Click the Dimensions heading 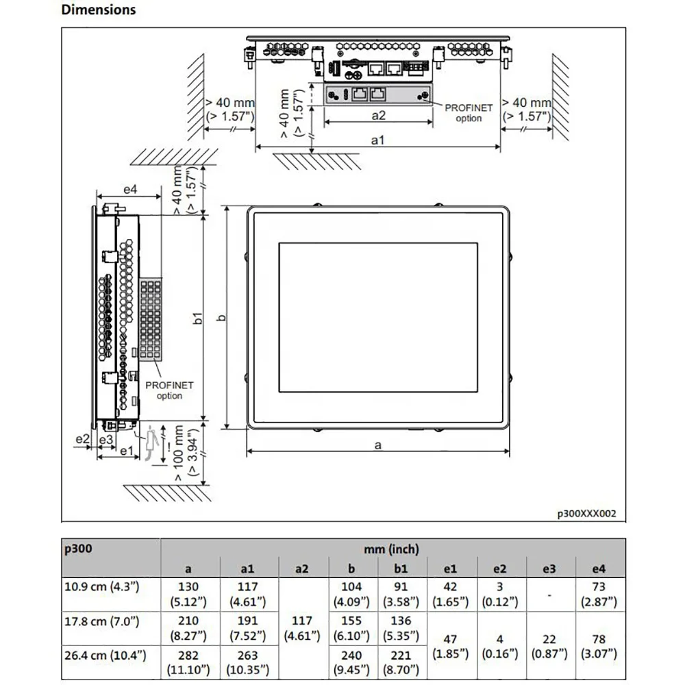coord(99,10)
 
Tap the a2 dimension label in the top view coord(378,116)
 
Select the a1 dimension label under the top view coord(377,140)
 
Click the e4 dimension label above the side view coord(130,190)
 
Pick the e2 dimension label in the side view coord(83,438)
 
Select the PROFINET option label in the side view coord(169,390)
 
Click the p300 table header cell coord(77,549)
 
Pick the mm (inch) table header coord(392,549)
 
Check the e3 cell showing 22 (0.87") coord(549,645)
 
